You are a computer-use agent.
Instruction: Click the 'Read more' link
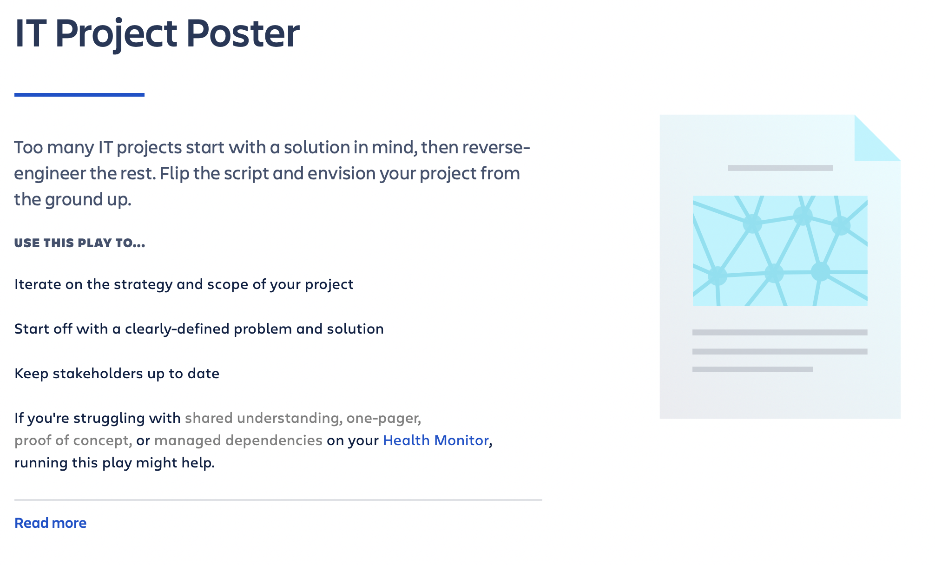click(x=50, y=523)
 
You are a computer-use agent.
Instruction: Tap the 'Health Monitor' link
click(x=435, y=440)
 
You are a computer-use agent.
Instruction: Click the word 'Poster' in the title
click(x=243, y=33)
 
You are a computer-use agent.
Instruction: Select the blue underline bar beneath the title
click(x=79, y=95)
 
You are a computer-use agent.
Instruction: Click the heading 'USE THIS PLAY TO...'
click(x=79, y=243)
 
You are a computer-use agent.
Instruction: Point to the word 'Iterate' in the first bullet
click(x=38, y=284)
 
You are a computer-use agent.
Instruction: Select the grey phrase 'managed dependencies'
click(x=238, y=440)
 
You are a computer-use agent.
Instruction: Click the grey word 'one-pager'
click(x=382, y=418)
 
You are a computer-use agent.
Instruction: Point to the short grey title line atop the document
click(x=780, y=168)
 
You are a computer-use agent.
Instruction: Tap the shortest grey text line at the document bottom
click(x=752, y=369)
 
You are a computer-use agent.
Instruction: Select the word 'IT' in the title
click(x=31, y=33)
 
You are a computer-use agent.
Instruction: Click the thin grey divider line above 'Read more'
click(x=278, y=500)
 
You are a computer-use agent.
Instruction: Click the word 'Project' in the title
click(x=116, y=33)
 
